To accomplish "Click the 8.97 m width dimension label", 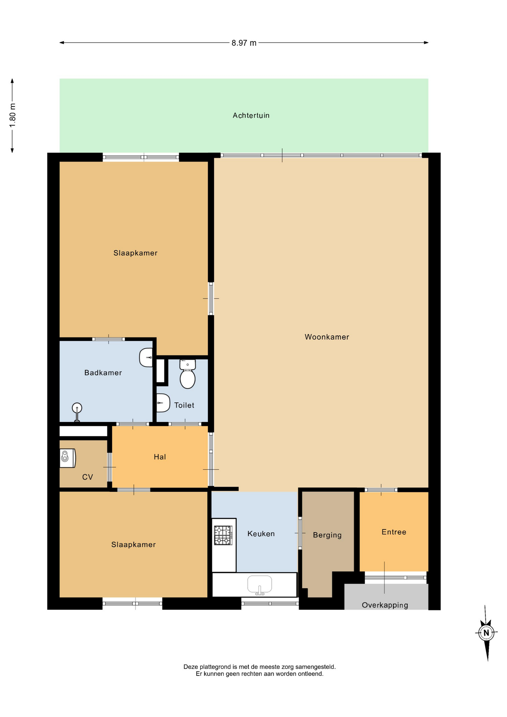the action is tap(244, 43).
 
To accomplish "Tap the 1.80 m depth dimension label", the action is tap(13, 115).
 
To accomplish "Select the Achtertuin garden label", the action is tap(251, 115).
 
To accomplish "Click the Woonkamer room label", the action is tap(327, 337).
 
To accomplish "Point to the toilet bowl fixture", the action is tap(187, 374).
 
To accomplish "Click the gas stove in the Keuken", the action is tap(223, 535).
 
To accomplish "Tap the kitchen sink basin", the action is tap(259, 585).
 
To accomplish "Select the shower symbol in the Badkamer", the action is tap(77, 412).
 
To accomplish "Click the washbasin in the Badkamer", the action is tap(146, 357).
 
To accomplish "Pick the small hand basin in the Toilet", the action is tap(163, 403).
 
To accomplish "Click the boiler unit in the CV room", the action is tap(68, 458).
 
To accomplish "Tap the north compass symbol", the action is tap(486, 633).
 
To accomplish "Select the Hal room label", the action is tap(160, 457).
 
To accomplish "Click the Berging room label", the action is tap(327, 535).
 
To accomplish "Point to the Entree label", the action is tap(394, 532).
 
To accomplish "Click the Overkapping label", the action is tap(385, 605).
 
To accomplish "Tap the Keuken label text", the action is tap(261, 534).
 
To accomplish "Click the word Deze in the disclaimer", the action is tap(191, 667).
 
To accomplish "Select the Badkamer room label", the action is tap(103, 373).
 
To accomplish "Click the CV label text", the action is tap(87, 477).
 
